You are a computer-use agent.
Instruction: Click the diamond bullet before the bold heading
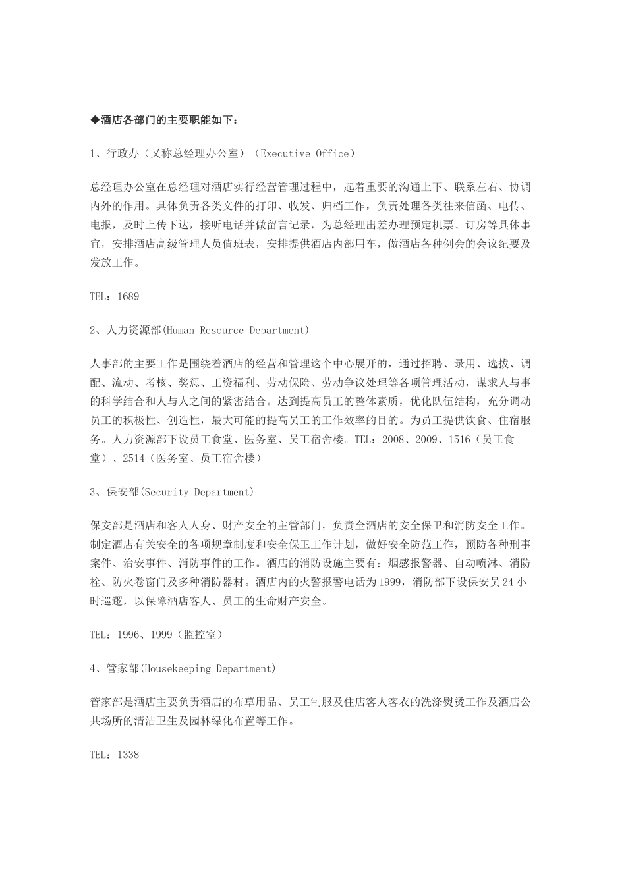coord(94,121)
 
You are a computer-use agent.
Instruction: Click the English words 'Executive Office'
coord(305,154)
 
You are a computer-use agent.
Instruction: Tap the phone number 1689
coord(128,297)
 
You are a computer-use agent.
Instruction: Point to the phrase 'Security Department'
coord(209,493)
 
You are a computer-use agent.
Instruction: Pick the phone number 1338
coord(128,755)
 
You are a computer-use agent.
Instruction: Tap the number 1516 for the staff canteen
coord(459,439)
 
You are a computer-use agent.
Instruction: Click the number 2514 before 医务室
coord(133,458)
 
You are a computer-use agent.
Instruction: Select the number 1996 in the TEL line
coord(128,635)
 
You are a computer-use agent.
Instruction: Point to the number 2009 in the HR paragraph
coord(427,439)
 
